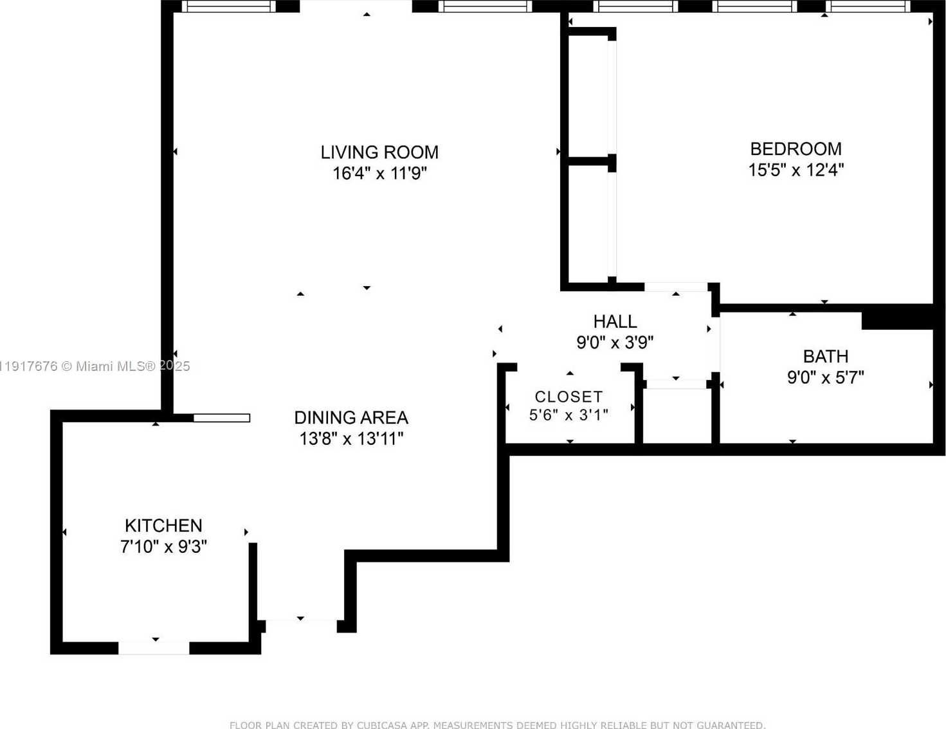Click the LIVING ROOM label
click(379, 152)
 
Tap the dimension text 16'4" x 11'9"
click(379, 174)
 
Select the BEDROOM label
click(796, 149)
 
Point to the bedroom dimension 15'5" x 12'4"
click(796, 170)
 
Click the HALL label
click(615, 321)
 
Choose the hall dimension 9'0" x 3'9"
click(615, 343)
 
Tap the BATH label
click(825, 356)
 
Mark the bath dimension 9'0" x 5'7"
click(825, 377)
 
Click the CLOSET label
click(569, 397)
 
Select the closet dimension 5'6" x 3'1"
click(569, 415)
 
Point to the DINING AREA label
click(351, 418)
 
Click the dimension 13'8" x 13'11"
click(351, 439)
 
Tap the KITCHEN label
click(163, 526)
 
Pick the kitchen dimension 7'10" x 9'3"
click(163, 547)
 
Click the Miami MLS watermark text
click(95, 366)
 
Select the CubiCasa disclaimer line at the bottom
click(497, 724)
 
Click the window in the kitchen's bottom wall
click(154, 648)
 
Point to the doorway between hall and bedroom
click(676, 287)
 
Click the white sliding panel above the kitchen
click(221, 418)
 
